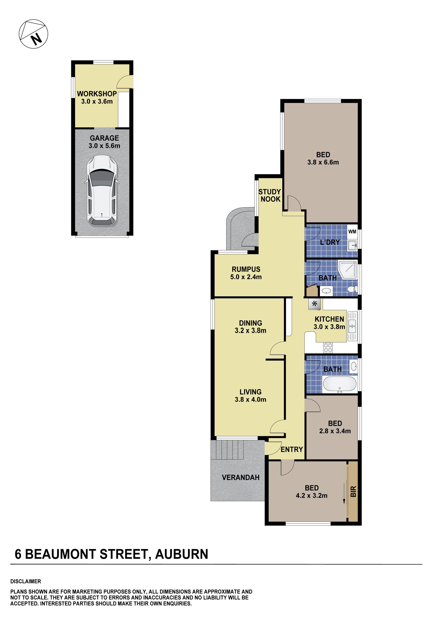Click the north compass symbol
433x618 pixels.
coord(33,34)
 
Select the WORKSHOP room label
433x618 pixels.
coord(97,94)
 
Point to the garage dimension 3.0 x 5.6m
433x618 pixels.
coord(104,146)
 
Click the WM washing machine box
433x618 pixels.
coord(352,232)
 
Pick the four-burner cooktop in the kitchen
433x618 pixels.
coord(328,348)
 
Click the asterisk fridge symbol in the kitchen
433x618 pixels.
coord(314,304)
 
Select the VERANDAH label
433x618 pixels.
coord(241,478)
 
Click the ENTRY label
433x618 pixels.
coord(292,449)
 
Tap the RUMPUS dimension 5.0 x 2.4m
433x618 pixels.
coord(246,277)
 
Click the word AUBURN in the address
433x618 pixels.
coord(181,554)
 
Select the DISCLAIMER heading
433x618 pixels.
coord(26,581)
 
